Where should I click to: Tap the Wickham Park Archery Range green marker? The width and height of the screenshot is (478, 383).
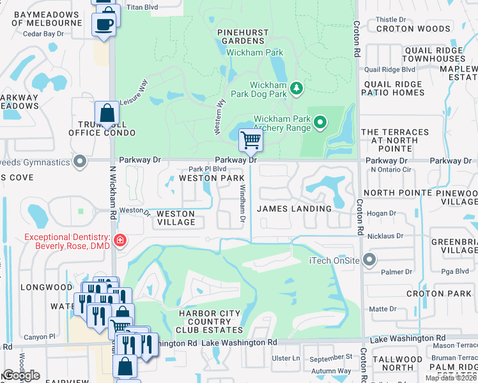click(321, 121)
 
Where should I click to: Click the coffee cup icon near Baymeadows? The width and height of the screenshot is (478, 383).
click(104, 24)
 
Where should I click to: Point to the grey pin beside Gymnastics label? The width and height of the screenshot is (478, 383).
click(79, 161)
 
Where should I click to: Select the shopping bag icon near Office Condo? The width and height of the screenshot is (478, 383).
click(107, 113)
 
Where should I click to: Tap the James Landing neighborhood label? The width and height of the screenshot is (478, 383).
click(294, 209)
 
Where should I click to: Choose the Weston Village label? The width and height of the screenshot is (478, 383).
click(176, 218)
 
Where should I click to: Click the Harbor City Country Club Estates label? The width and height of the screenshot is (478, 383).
click(211, 322)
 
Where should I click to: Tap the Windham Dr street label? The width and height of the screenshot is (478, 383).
click(242, 204)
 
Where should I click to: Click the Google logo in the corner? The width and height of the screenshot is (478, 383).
click(22, 375)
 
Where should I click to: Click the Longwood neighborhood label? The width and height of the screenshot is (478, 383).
click(47, 287)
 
